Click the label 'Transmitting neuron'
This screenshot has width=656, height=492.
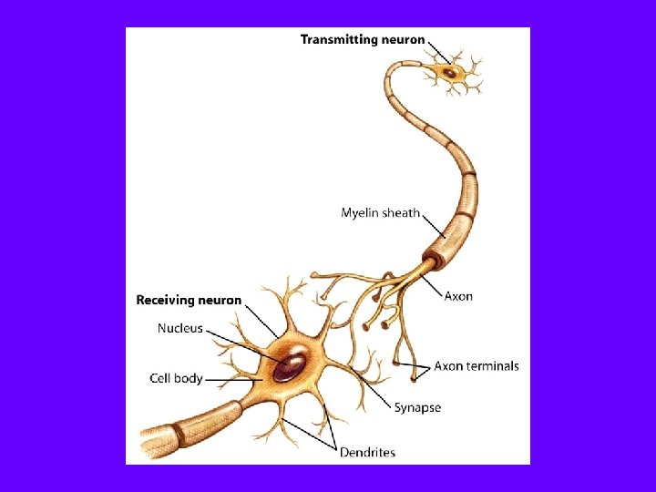point(363,39)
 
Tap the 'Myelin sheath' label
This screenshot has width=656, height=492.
point(380,213)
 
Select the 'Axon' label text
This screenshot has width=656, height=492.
point(458,296)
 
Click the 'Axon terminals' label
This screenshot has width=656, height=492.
point(476,366)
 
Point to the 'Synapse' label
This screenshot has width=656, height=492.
point(417,407)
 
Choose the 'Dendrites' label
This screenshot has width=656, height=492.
point(367,452)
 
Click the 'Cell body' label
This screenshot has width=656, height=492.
point(176,378)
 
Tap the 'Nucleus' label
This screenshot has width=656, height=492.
point(180,329)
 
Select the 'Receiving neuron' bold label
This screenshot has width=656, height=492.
point(189,300)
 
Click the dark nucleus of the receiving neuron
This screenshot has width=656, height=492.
point(291,365)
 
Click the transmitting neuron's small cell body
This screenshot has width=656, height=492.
point(449,71)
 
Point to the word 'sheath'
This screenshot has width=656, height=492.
point(402,213)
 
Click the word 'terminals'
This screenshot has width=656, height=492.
point(493,366)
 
